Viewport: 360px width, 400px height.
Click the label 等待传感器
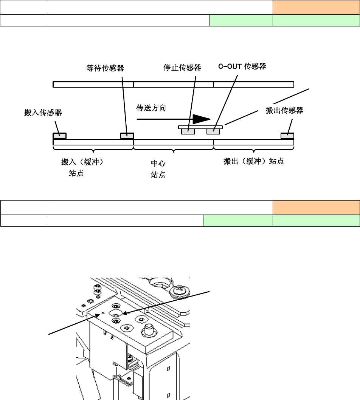[105, 68]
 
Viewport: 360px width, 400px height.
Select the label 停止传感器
[182, 68]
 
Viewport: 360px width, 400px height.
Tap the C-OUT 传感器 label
[242, 67]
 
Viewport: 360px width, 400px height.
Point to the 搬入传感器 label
[43, 113]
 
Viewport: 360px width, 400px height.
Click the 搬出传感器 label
[285, 111]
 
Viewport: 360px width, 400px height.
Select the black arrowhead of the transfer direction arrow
[201, 119]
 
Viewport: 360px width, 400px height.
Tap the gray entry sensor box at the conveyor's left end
[59, 136]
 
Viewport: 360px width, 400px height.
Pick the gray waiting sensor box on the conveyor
[127, 136]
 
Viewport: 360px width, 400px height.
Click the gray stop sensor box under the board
[188, 131]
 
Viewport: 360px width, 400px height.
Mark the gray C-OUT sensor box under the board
[213, 131]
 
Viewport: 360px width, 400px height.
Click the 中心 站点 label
[158, 169]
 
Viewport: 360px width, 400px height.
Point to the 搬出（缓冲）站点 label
[254, 162]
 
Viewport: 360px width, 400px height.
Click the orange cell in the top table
[316, 8]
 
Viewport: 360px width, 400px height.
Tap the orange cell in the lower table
[316, 207]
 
